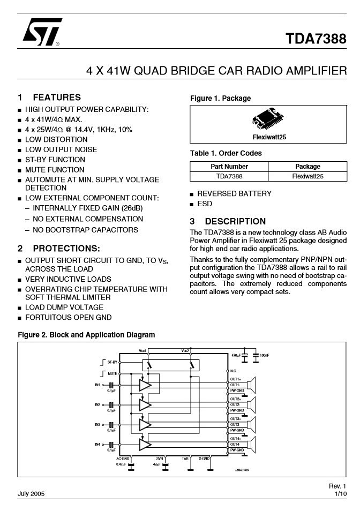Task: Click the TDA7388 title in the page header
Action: [x=316, y=39]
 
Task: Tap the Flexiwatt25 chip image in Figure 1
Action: [x=268, y=121]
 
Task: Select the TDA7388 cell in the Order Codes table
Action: [x=229, y=176]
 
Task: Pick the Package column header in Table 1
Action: [x=307, y=166]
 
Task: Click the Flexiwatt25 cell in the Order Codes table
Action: [x=307, y=176]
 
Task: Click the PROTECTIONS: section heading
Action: [x=66, y=249]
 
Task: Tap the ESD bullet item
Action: [x=205, y=204]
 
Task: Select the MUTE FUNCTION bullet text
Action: [x=55, y=170]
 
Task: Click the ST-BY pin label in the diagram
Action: [x=112, y=362]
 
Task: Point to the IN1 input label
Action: [x=98, y=385]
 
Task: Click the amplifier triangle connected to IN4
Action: [x=145, y=445]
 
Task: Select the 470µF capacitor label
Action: [x=236, y=355]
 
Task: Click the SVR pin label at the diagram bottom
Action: [x=160, y=459]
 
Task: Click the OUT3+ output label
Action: [x=235, y=419]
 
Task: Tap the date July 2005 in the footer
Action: [x=31, y=493]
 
